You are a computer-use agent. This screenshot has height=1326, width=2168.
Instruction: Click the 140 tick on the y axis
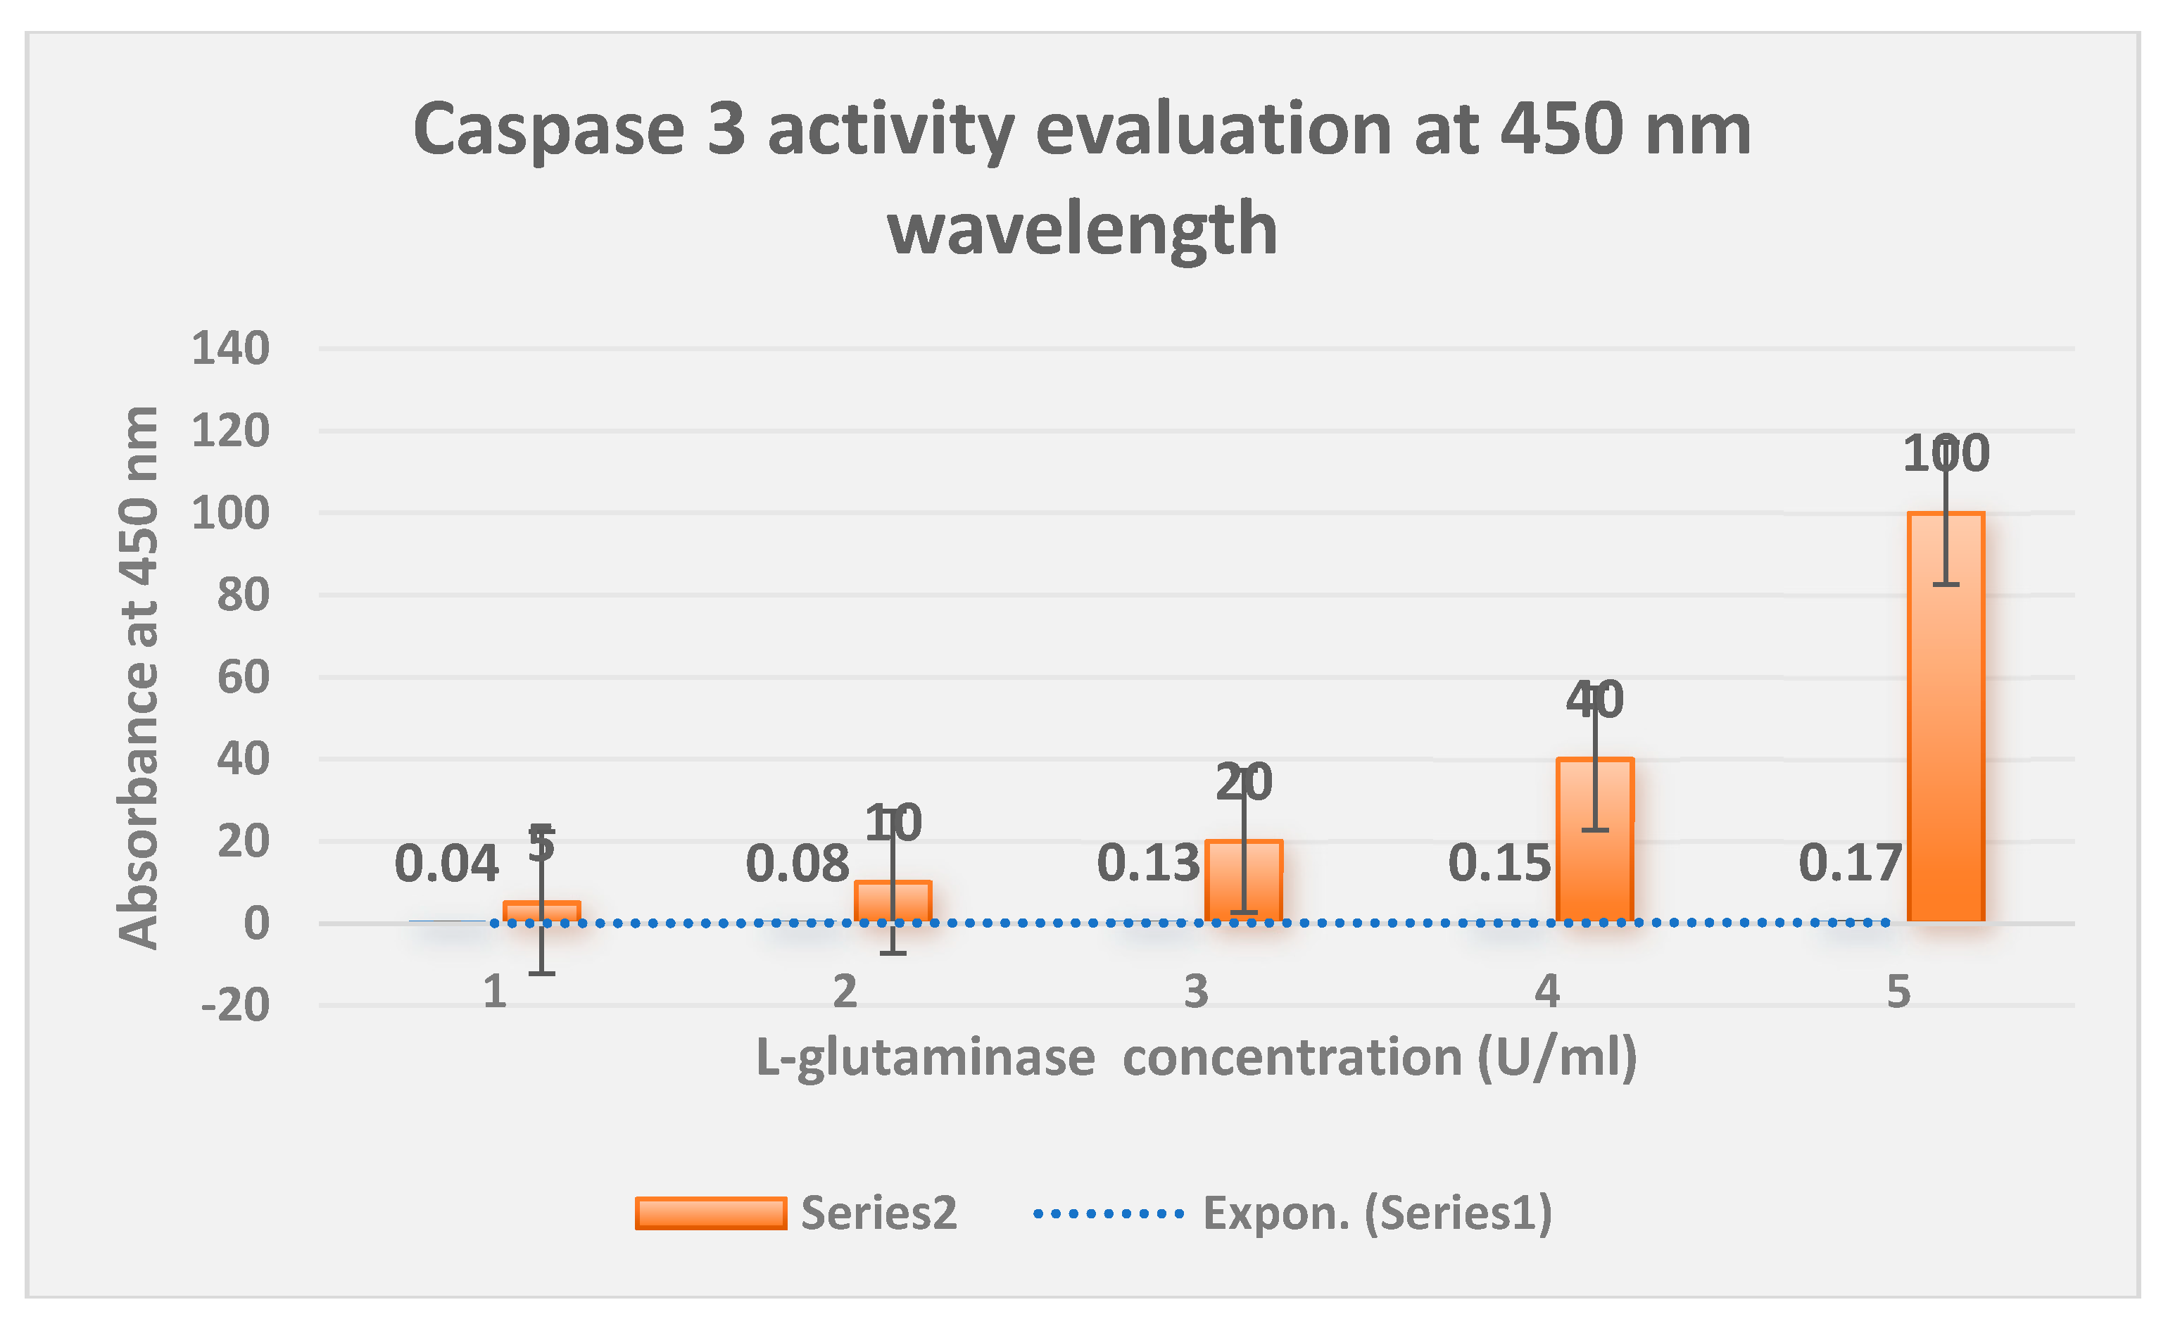(231, 348)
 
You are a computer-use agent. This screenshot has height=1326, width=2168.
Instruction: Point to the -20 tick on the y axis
(235, 1005)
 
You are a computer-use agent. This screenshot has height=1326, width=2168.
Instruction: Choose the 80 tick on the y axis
(243, 595)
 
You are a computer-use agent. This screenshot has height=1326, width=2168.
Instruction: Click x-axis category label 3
(1196, 992)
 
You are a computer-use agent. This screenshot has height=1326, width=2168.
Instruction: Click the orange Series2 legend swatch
(710, 1213)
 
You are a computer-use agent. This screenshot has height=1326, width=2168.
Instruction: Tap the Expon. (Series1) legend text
(1377, 1213)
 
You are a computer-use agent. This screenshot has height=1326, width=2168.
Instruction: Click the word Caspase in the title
(548, 130)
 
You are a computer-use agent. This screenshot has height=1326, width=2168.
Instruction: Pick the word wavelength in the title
(1083, 229)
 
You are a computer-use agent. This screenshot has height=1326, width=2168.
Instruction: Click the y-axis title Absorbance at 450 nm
(139, 678)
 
